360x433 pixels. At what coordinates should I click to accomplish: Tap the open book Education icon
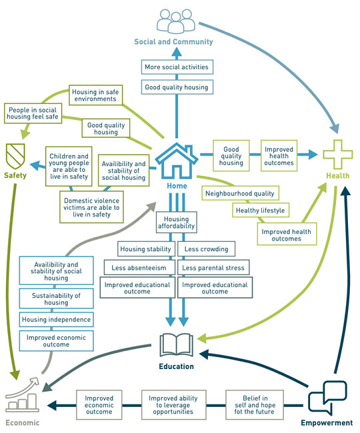(176, 345)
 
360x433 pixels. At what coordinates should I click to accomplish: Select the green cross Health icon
(337, 155)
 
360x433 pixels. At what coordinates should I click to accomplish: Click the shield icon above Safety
(15, 157)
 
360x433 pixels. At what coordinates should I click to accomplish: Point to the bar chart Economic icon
(23, 396)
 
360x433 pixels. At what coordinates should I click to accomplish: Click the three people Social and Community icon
(176, 21)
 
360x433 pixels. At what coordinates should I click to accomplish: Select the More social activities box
(177, 67)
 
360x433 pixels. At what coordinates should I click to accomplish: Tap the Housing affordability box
(176, 222)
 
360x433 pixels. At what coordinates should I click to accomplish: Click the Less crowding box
(207, 249)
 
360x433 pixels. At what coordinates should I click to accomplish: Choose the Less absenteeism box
(139, 268)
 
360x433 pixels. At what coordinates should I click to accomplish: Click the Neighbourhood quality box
(240, 193)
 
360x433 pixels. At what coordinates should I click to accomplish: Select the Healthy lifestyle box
(260, 211)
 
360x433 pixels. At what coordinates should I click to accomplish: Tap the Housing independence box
(57, 320)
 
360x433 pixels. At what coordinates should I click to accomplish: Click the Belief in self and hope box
(255, 405)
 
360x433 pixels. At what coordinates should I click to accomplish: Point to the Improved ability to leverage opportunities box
(173, 405)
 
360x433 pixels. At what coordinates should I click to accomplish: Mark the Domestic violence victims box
(91, 207)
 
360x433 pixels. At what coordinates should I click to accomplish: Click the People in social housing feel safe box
(33, 113)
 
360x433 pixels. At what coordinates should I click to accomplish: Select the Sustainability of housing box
(57, 299)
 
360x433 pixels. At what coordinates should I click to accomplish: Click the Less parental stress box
(213, 268)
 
